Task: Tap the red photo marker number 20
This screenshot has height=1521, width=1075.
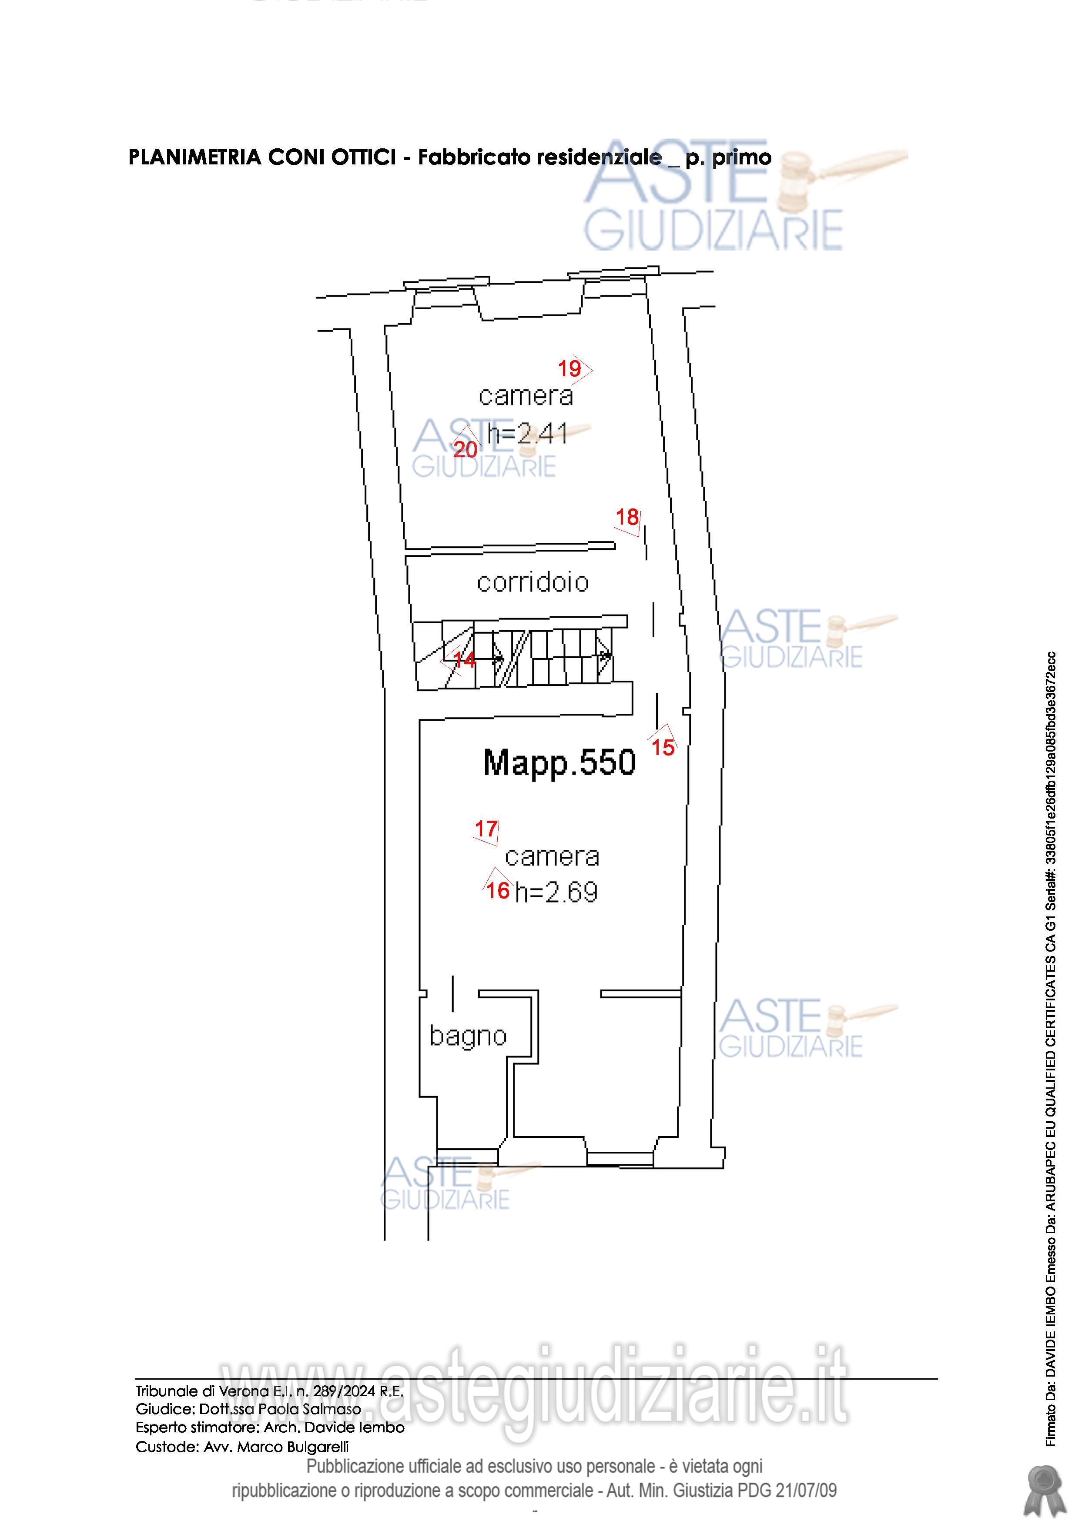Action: (x=465, y=450)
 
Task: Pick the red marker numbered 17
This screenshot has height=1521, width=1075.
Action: (x=486, y=829)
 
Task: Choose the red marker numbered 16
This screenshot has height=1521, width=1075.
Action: (x=498, y=890)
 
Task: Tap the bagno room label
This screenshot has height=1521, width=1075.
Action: (x=468, y=1036)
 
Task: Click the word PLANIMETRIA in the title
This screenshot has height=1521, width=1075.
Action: (x=195, y=157)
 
